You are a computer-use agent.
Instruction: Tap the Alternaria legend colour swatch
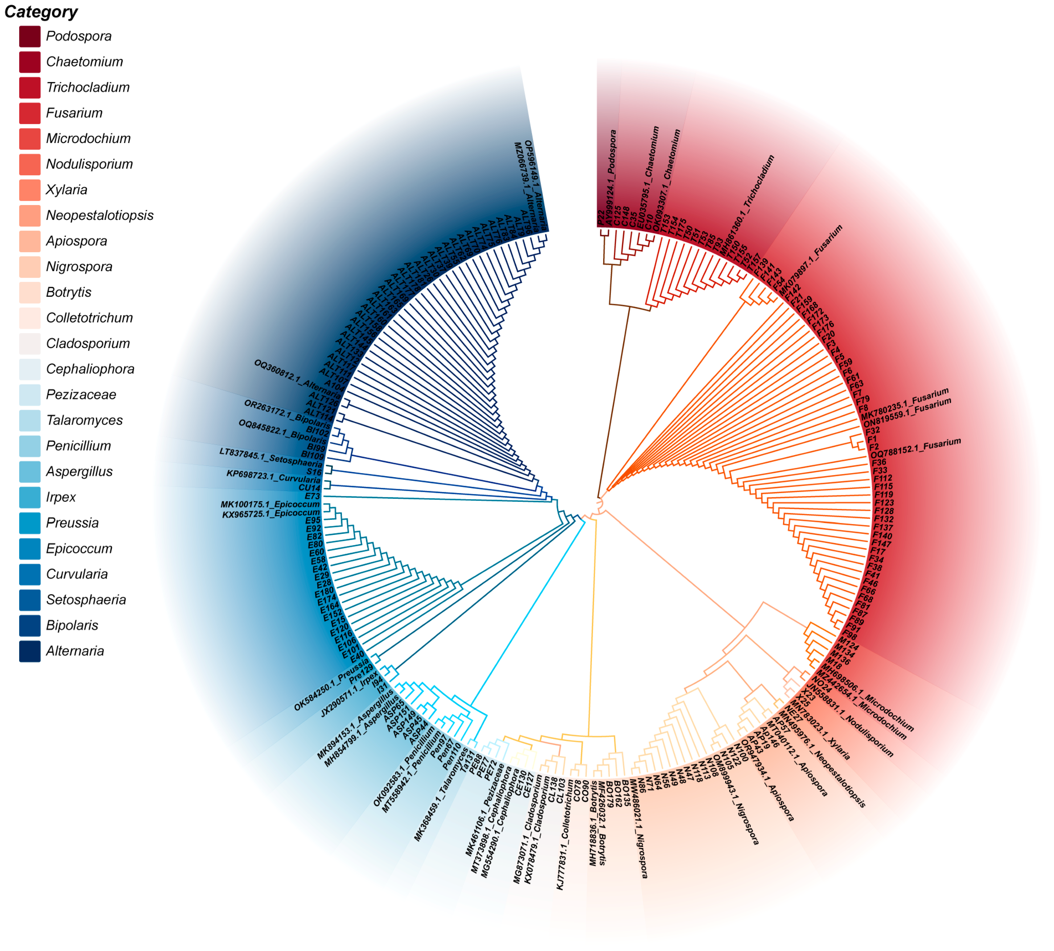click(30, 651)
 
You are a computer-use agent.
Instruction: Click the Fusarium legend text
click(74, 113)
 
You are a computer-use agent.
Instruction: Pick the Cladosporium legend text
click(88, 343)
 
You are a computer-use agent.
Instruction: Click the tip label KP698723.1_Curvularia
click(273, 476)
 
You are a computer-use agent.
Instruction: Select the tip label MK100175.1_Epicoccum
click(270, 504)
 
